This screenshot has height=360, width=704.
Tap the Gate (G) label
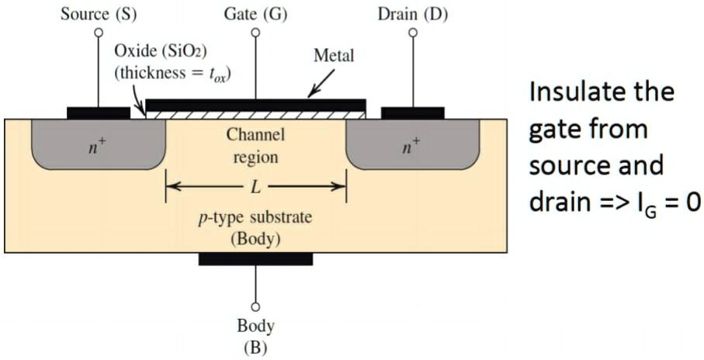(x=255, y=14)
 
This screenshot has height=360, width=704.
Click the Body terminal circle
(x=255, y=307)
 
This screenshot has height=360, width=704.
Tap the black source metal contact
(x=99, y=113)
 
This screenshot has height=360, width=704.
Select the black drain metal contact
(x=413, y=113)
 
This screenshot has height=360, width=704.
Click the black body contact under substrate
(x=255, y=258)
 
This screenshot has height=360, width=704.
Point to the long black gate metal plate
(x=255, y=104)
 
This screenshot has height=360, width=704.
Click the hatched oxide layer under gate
(x=255, y=114)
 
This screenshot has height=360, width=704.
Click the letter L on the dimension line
(x=255, y=187)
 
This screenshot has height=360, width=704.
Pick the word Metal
(x=334, y=56)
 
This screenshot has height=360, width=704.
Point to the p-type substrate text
(x=255, y=217)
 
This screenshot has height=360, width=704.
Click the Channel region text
(x=255, y=145)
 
